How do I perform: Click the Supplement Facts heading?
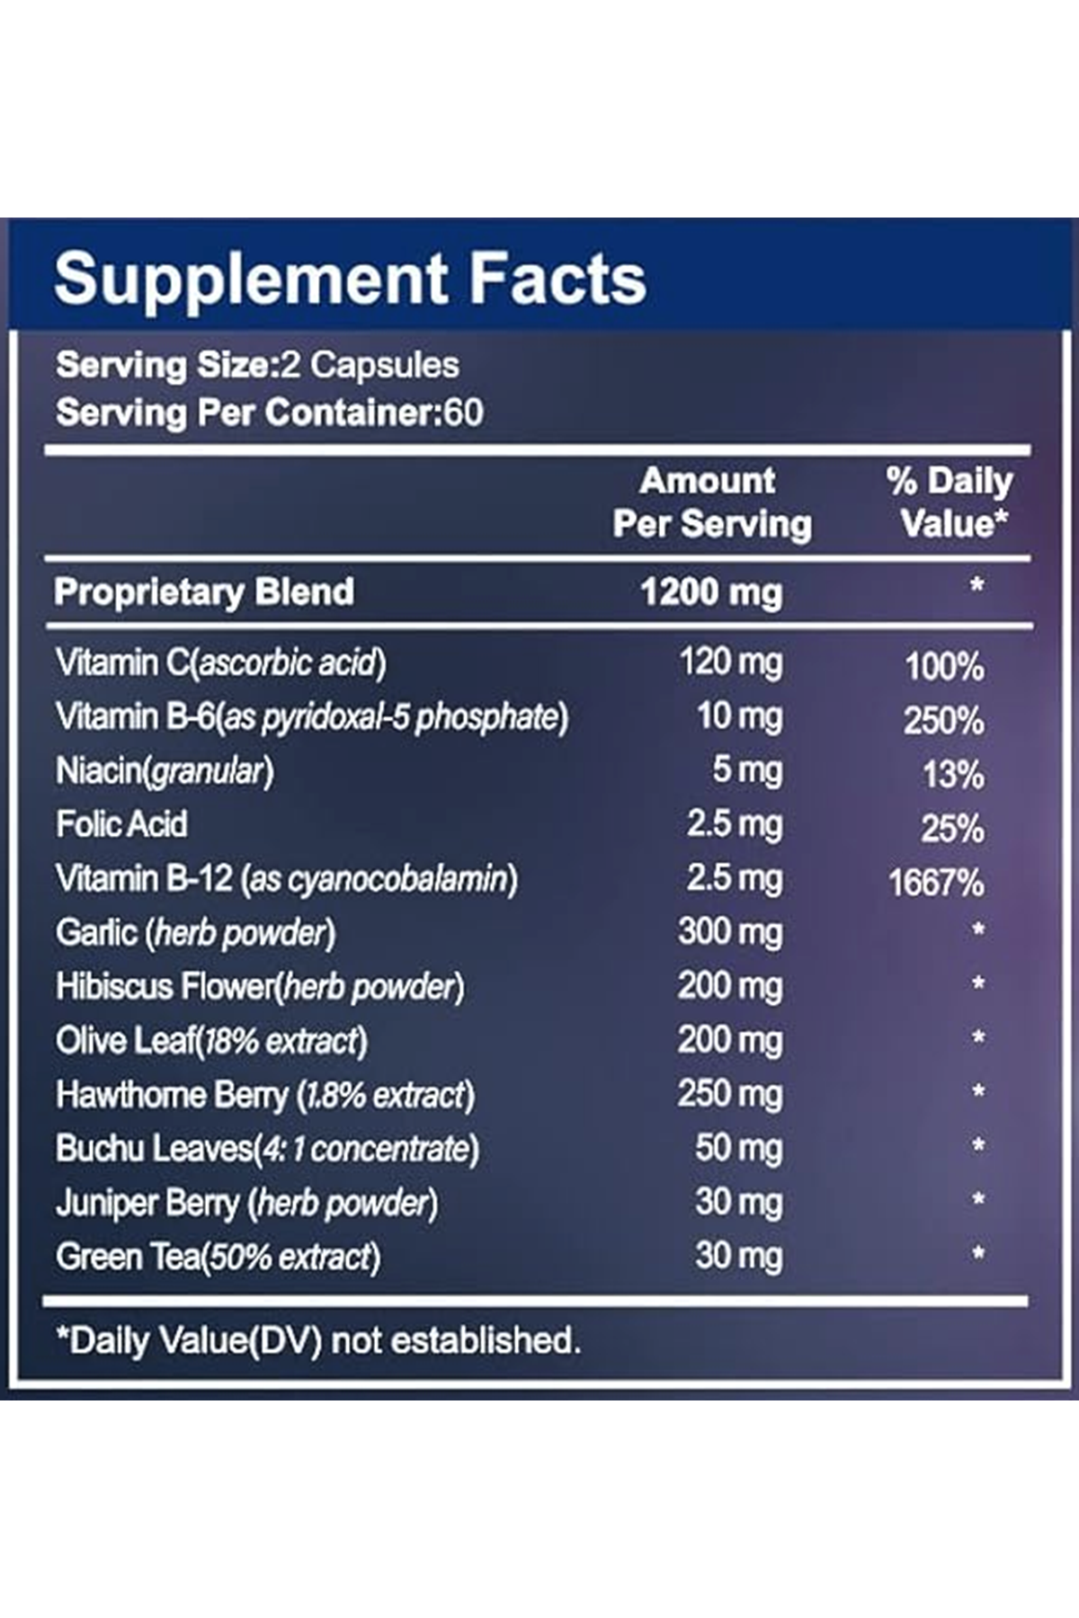350,278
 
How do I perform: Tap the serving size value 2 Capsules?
370,365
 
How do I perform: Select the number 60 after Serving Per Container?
464,413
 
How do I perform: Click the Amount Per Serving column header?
711,502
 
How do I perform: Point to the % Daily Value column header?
950,502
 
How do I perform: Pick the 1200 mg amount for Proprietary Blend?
711,592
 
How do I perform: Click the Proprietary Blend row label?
204,592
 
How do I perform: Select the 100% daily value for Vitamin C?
944,667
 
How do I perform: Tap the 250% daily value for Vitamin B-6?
943,721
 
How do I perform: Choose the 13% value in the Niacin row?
953,775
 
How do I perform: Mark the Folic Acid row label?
121,824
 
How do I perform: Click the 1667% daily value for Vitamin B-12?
936,883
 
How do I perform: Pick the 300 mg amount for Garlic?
730,932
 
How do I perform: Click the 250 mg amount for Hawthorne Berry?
730,1094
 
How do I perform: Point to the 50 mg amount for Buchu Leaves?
738,1148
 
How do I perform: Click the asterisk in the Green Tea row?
977,1254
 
